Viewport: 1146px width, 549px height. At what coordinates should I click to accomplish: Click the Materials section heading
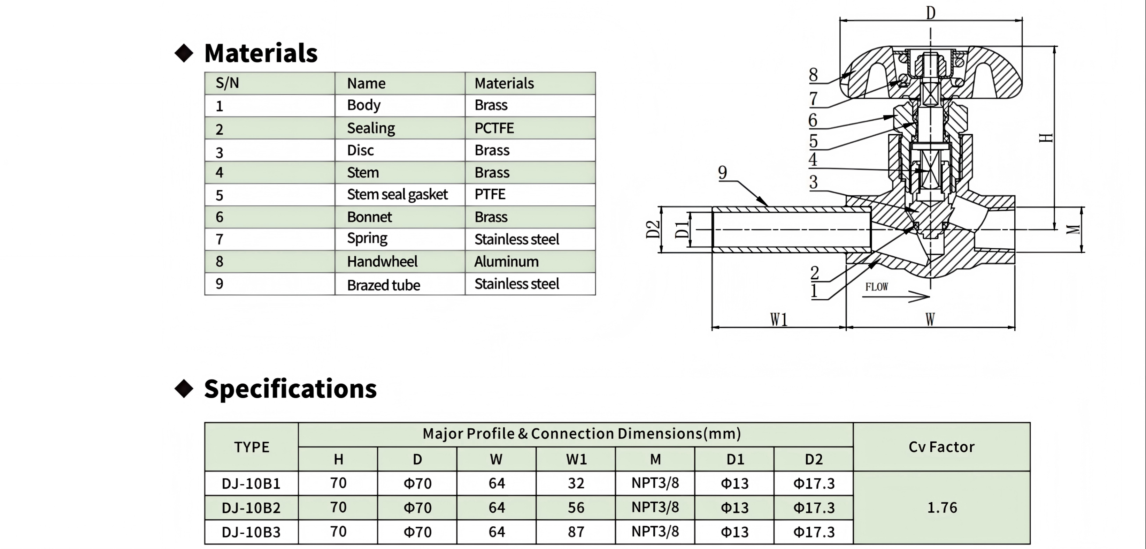tap(261, 53)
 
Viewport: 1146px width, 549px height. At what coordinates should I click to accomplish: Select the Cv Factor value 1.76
tap(942, 507)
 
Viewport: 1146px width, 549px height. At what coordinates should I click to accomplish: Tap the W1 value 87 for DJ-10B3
tap(576, 532)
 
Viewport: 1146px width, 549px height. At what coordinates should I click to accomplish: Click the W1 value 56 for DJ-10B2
tap(576, 507)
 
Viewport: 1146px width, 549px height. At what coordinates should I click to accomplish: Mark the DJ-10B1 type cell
tap(251, 483)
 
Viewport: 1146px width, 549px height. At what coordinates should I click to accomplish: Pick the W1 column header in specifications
tap(576, 459)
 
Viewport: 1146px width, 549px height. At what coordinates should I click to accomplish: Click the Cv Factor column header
tap(941, 446)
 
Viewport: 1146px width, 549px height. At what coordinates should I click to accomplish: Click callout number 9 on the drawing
tap(723, 172)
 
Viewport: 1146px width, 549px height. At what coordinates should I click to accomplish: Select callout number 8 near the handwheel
tap(813, 74)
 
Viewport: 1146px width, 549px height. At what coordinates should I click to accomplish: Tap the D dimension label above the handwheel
tap(931, 13)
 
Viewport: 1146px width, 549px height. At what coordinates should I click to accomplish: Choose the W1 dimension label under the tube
tap(779, 319)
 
